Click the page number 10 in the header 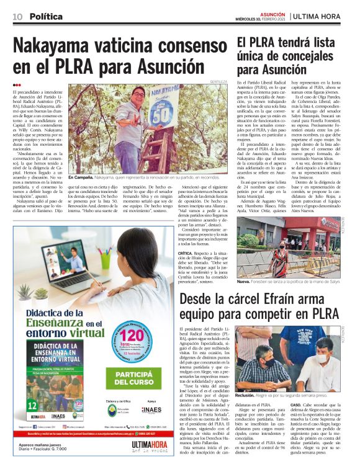(x=17, y=16)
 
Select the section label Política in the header (x=46, y=16)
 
